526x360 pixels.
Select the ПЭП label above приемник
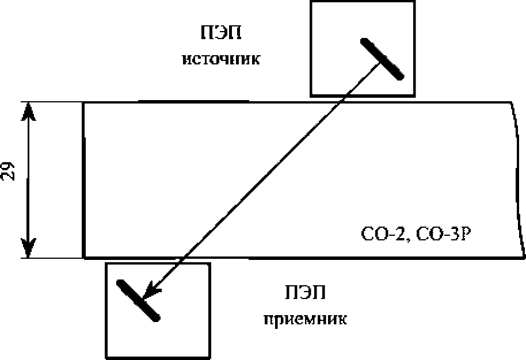click(x=305, y=294)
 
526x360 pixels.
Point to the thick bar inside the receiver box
click(x=138, y=300)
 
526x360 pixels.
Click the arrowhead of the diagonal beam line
click(x=149, y=290)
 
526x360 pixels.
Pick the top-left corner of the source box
click(x=311, y=2)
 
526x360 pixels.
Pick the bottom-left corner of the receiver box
click(x=105, y=357)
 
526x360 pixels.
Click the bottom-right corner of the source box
click(x=414, y=95)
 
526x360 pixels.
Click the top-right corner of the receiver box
click(x=209, y=264)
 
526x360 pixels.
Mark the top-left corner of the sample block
click(x=84, y=103)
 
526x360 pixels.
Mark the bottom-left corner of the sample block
click(x=84, y=257)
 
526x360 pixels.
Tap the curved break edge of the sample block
click(x=519, y=178)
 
